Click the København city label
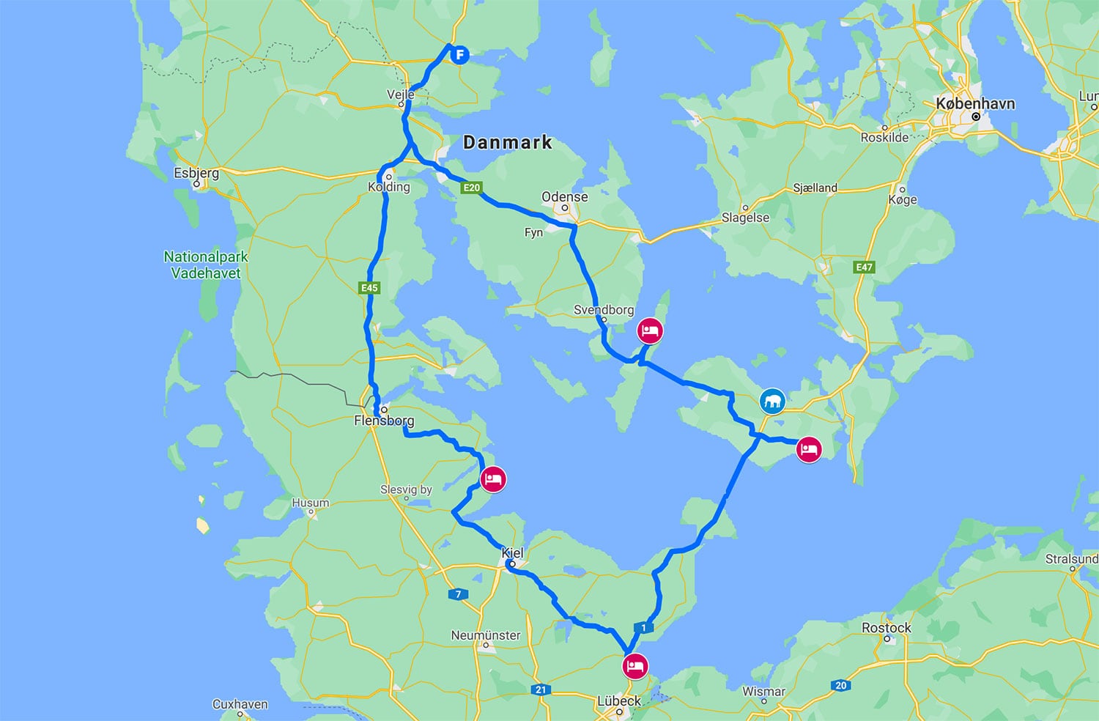(x=975, y=103)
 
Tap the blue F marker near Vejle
(x=459, y=54)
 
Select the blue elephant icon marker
(x=772, y=401)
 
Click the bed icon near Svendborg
(x=650, y=330)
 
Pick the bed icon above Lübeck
(x=634, y=667)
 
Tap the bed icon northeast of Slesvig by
(x=493, y=480)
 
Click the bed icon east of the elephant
(x=809, y=449)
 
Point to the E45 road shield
(x=369, y=288)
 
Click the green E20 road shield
(x=471, y=188)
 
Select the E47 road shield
(x=865, y=267)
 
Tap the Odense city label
(x=564, y=196)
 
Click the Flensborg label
(x=384, y=421)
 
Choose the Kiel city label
(x=513, y=553)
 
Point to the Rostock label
(x=887, y=628)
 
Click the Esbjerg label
(x=196, y=173)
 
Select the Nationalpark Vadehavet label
(x=206, y=265)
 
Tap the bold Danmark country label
(x=507, y=142)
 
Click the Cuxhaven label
(x=240, y=704)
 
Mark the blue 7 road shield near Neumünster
(x=458, y=594)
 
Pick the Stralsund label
(x=1071, y=559)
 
